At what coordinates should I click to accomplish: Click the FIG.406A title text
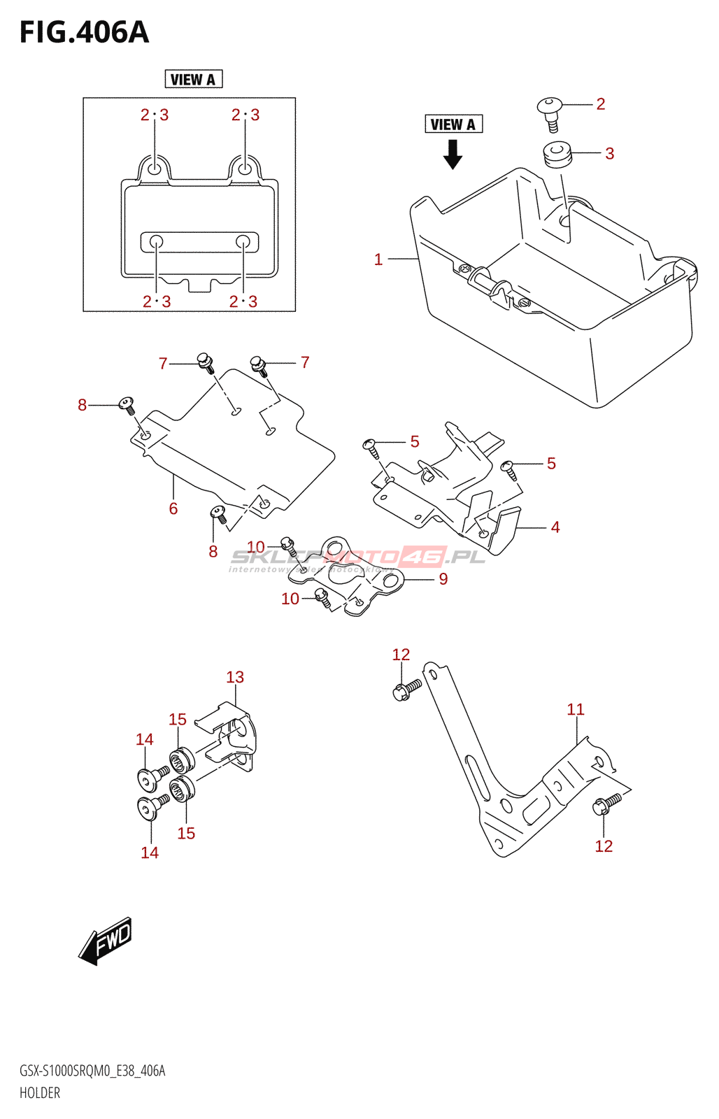[x=84, y=32]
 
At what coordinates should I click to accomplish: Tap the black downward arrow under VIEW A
[x=453, y=154]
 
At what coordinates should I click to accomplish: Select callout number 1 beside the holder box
[x=378, y=259]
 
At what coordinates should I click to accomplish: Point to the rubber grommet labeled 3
[x=557, y=154]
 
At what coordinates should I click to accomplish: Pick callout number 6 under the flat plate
[x=173, y=508]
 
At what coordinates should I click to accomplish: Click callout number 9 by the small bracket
[x=443, y=579]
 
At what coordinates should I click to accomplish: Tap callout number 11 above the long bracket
[x=576, y=709]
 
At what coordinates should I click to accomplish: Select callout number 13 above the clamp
[x=235, y=677]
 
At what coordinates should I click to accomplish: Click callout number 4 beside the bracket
[x=555, y=527]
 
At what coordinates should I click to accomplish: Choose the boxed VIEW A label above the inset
[x=193, y=80]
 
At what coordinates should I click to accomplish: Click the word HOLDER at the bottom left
[x=40, y=1092]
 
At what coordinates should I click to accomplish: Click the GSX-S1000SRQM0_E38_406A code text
[x=92, y=1071]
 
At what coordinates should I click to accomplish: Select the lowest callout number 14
[x=150, y=853]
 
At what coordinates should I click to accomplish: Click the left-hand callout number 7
[x=163, y=364]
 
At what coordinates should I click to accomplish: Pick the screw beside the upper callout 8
[x=127, y=404]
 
